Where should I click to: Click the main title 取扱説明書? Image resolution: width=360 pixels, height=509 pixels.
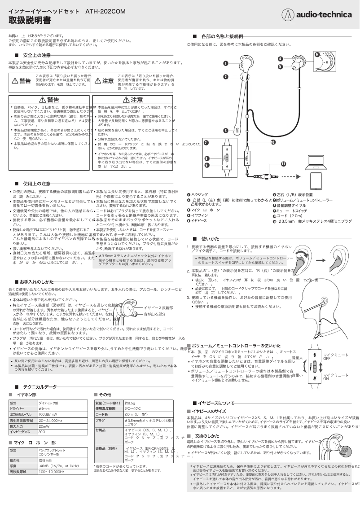[x=30, y=21]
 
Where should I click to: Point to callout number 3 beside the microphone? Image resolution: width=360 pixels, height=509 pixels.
[x=225, y=131]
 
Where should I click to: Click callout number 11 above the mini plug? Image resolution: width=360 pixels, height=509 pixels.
[x=283, y=164]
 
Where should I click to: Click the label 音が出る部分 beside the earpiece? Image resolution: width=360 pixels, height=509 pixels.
[x=155, y=314]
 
